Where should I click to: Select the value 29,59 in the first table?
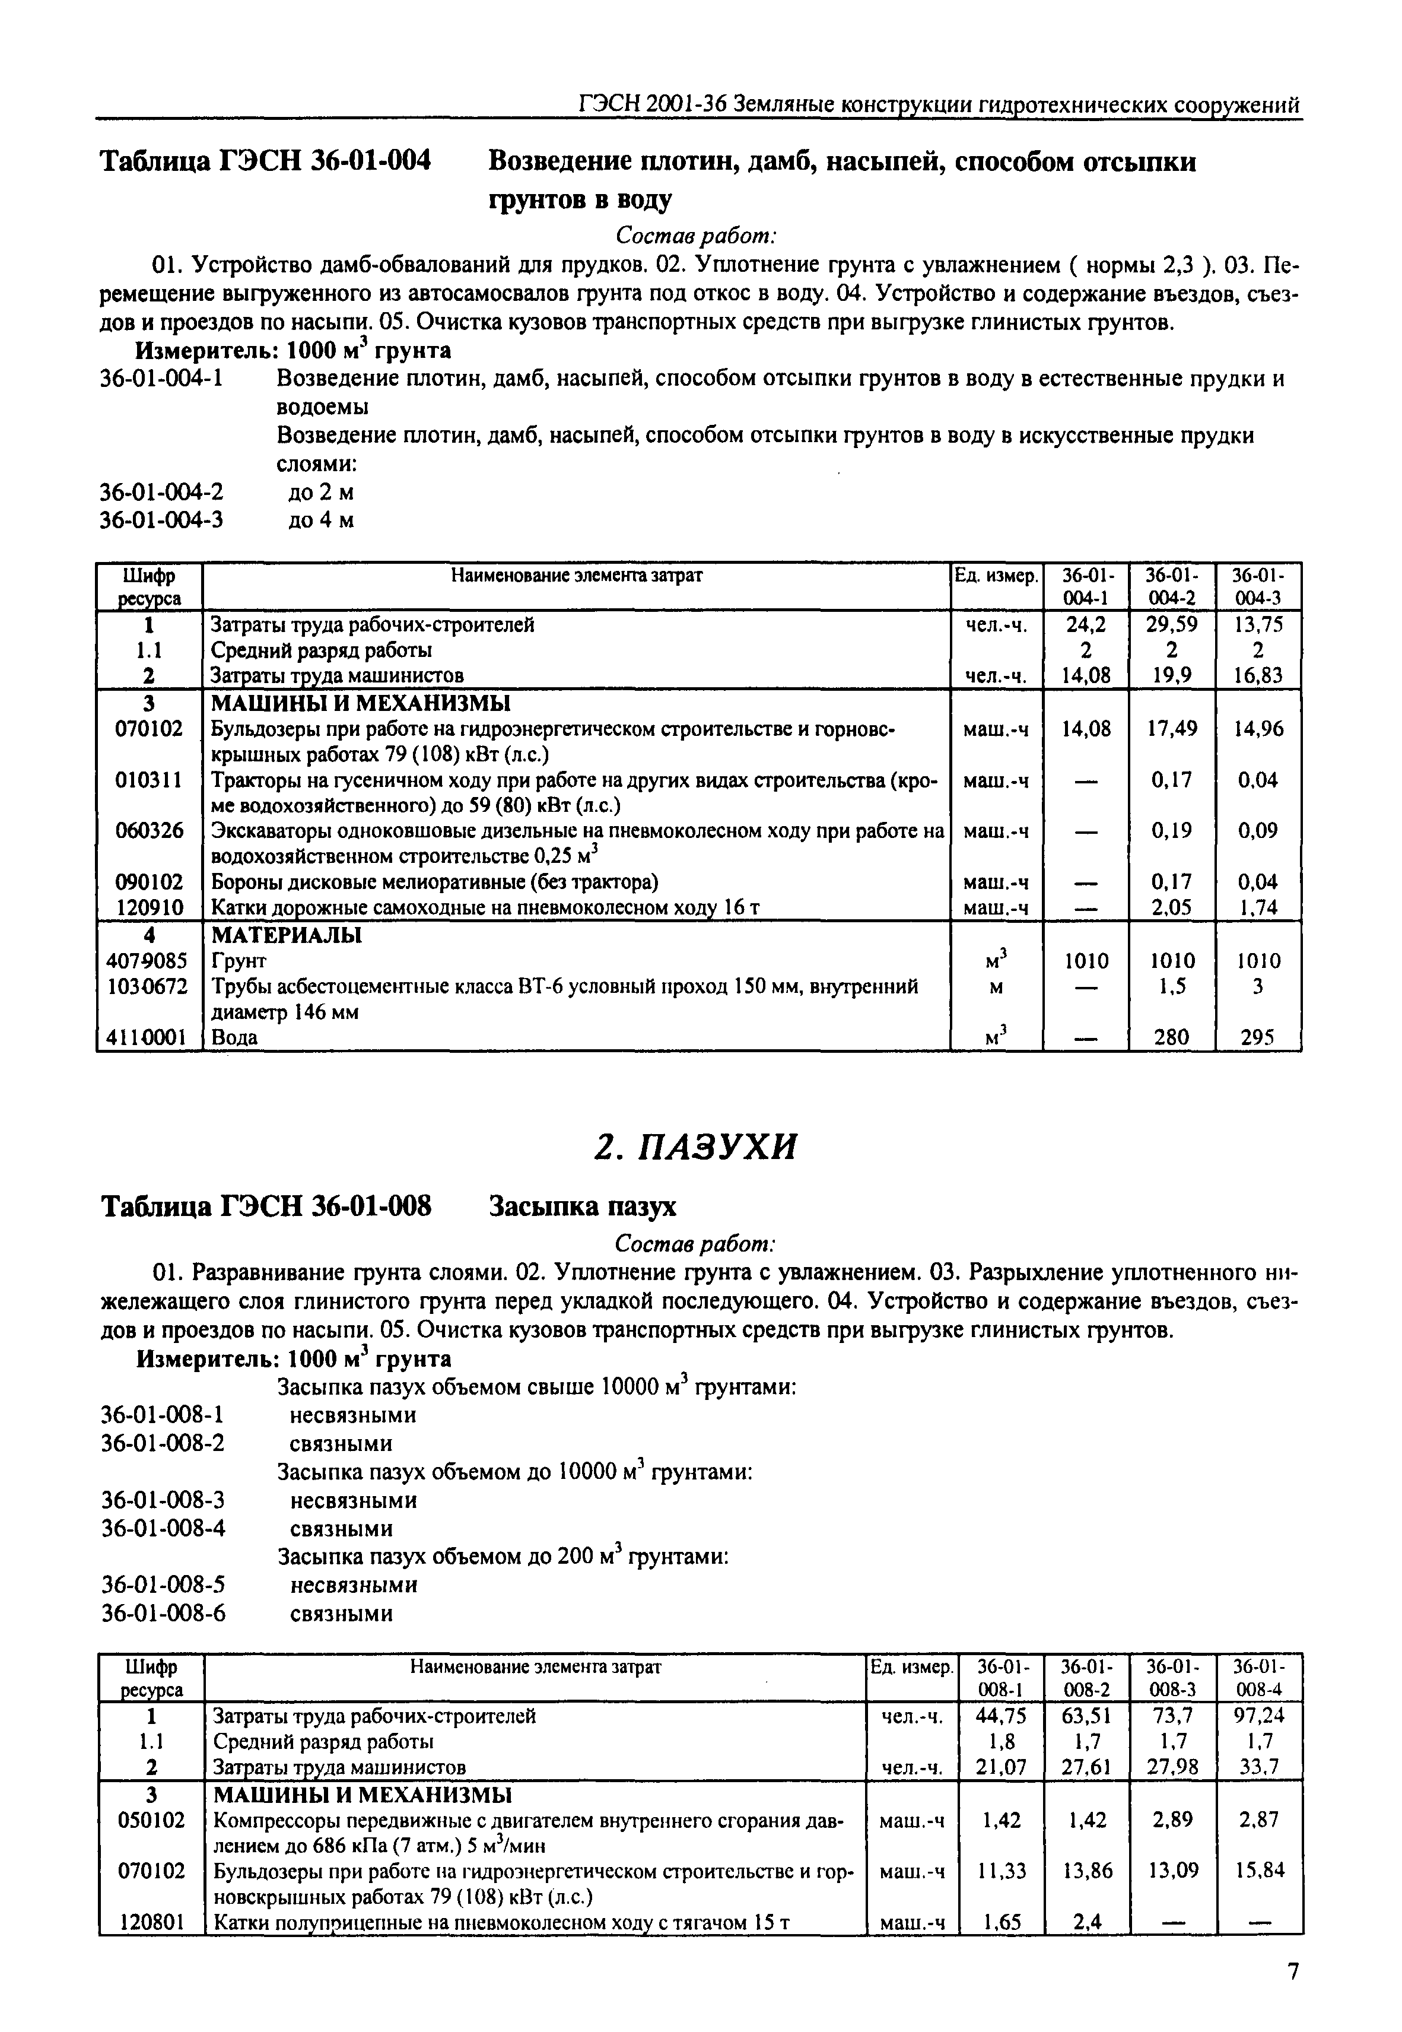point(1171,625)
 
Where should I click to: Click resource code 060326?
point(150,830)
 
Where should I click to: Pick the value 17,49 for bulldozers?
point(1171,728)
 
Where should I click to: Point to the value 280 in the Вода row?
point(1171,1037)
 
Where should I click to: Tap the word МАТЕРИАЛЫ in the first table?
point(287,935)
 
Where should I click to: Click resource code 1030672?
point(148,986)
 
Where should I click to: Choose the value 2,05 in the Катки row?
point(1171,907)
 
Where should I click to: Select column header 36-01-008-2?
point(1086,1677)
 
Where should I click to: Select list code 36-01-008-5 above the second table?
point(163,1585)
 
